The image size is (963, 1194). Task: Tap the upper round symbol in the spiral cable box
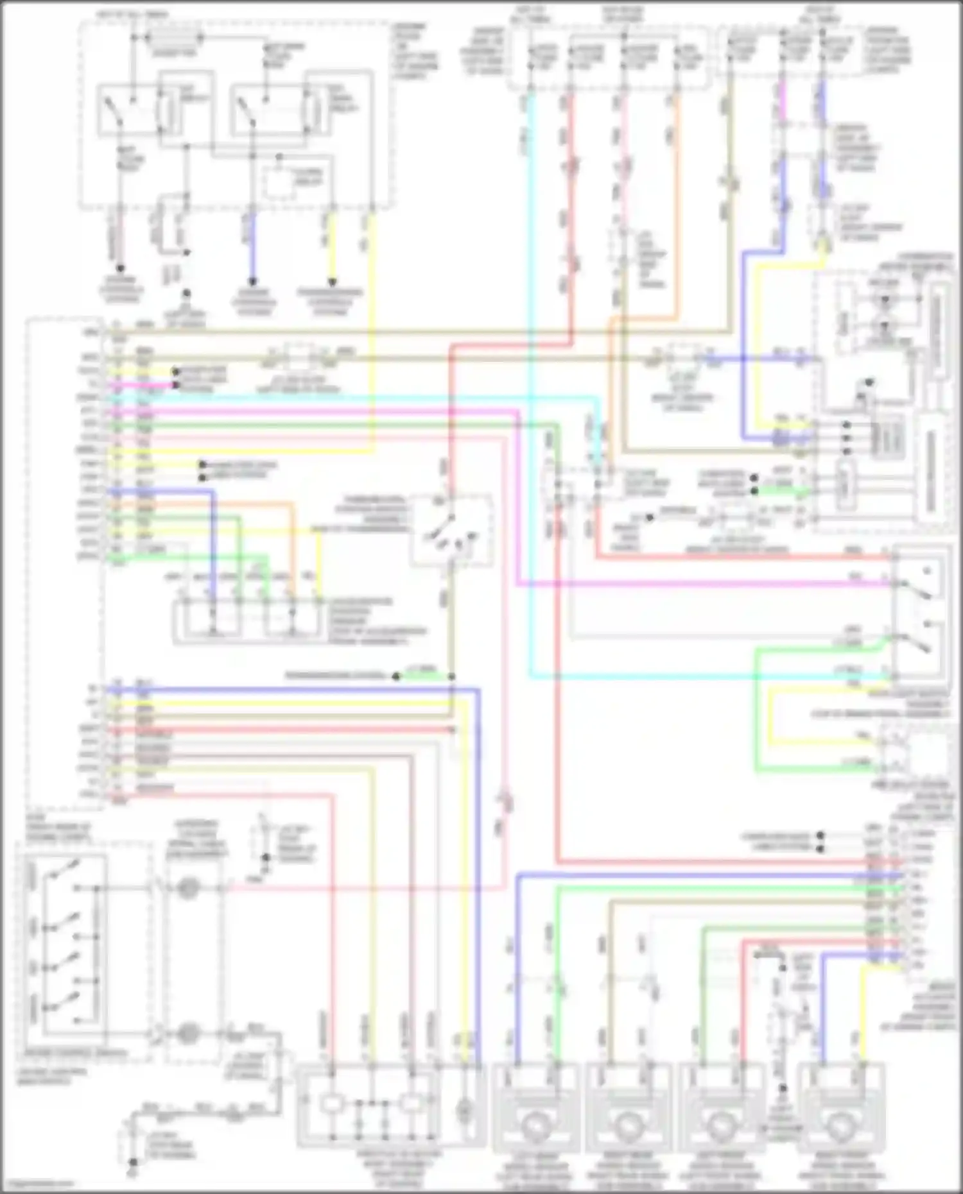pos(187,889)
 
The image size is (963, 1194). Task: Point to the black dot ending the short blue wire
pos(252,282)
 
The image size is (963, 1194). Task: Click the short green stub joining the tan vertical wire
pos(424,676)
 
